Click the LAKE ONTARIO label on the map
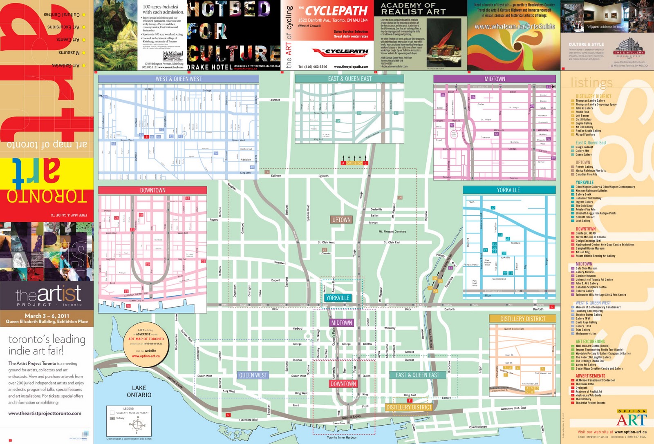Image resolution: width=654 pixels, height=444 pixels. point(139,391)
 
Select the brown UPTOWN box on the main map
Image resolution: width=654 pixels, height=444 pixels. point(341,220)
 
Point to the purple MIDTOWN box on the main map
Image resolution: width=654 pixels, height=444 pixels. point(341,323)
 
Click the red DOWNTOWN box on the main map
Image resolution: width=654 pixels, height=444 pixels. point(343,384)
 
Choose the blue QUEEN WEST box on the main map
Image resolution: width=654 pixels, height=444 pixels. point(253,375)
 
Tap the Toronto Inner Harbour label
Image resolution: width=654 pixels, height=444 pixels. point(342,437)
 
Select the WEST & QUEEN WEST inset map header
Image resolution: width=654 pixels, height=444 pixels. point(178,79)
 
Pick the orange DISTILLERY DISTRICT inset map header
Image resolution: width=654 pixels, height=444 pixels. point(523,319)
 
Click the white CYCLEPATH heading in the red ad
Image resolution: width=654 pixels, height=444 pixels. point(336,11)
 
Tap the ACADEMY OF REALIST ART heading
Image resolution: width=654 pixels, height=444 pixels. point(413,9)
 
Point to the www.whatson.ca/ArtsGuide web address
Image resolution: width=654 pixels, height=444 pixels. point(514,27)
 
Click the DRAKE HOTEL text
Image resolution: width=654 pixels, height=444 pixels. point(210,67)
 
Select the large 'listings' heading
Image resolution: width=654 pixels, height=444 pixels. point(591,83)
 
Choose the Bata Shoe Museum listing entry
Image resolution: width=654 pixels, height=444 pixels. point(587,268)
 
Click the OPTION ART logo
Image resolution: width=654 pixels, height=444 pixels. point(632,419)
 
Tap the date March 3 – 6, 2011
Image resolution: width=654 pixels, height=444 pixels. point(47,316)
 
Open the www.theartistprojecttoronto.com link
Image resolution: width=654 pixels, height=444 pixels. point(45,413)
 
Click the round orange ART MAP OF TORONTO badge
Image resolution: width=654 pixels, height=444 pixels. point(146,341)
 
